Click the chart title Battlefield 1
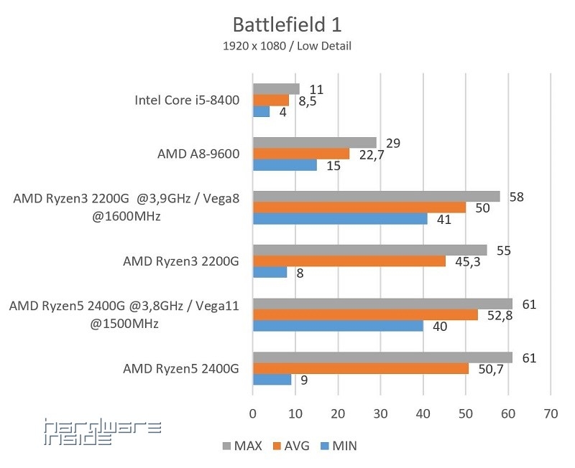pos(287,24)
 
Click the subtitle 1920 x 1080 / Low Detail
pos(287,46)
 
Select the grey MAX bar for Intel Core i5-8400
pos(275,89)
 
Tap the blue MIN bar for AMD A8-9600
pos(284,165)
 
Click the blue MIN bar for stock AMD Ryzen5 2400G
pos(272,380)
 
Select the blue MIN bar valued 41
pos(339,219)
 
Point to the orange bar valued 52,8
pos(364,314)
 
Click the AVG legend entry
pos(290,446)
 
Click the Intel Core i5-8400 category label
pos(186,100)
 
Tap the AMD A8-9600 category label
pos(198,154)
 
